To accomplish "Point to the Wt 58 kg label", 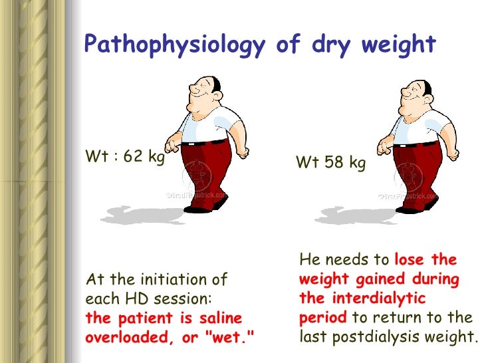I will (x=330, y=162).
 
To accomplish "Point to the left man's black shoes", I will (x=199, y=208).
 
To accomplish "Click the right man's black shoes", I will (x=410, y=208).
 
